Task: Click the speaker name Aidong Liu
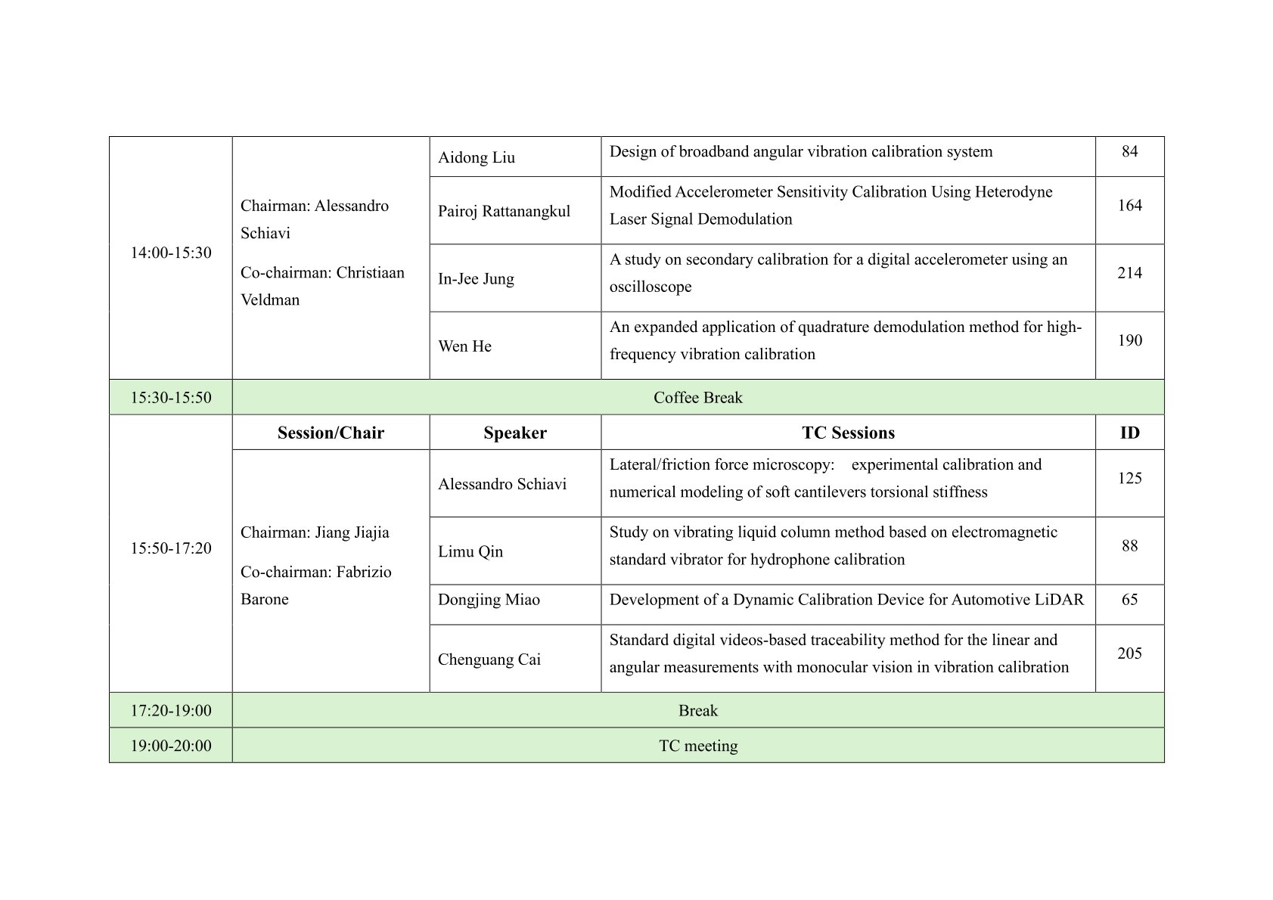pyautogui.click(x=477, y=157)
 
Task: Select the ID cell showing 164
pyautogui.click(x=1129, y=206)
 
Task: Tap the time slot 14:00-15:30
pyautogui.click(x=171, y=253)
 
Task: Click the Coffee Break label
pyautogui.click(x=697, y=398)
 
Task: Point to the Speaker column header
pyautogui.click(x=515, y=433)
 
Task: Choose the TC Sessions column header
pyautogui.click(x=848, y=433)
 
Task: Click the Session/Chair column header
pyautogui.click(x=331, y=433)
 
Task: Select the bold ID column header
pyautogui.click(x=1129, y=433)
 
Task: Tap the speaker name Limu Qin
pyautogui.click(x=470, y=551)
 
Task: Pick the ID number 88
pyautogui.click(x=1129, y=546)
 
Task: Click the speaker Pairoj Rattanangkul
pyautogui.click(x=504, y=211)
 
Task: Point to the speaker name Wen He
pyautogui.click(x=464, y=346)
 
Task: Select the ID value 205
pyautogui.click(x=1129, y=653)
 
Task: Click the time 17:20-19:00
pyautogui.click(x=171, y=711)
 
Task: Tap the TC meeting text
pyautogui.click(x=697, y=746)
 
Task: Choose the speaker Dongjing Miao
pyautogui.click(x=489, y=600)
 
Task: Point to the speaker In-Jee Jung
pyautogui.click(x=476, y=278)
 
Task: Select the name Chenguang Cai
pyautogui.click(x=489, y=659)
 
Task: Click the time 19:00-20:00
pyautogui.click(x=171, y=746)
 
